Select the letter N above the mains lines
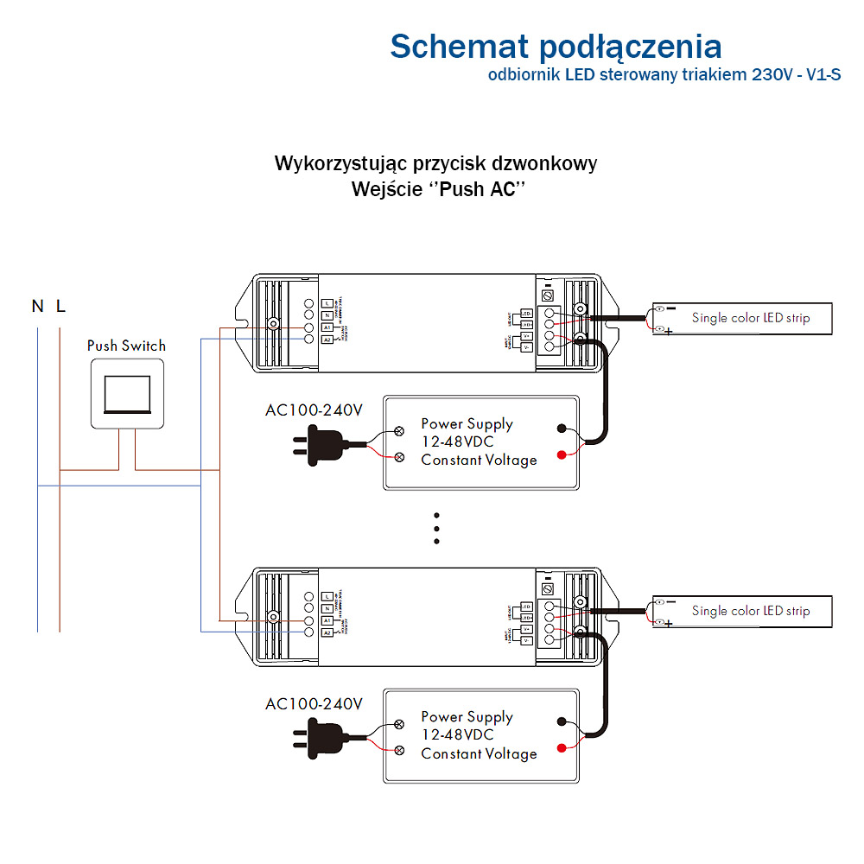[x=37, y=306]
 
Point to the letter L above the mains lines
[x=60, y=306]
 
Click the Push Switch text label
[x=126, y=346]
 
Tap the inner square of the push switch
[x=126, y=393]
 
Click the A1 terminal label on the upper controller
[x=327, y=328]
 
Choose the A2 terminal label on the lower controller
[x=327, y=632]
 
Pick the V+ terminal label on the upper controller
[x=527, y=335]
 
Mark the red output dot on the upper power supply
[x=562, y=454]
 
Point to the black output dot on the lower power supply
[x=562, y=721]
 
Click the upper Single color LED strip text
[x=751, y=318]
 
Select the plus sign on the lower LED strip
[x=669, y=624]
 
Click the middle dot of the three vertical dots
[x=437, y=527]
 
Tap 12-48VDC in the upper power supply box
[x=457, y=442]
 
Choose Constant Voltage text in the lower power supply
[x=479, y=753]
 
